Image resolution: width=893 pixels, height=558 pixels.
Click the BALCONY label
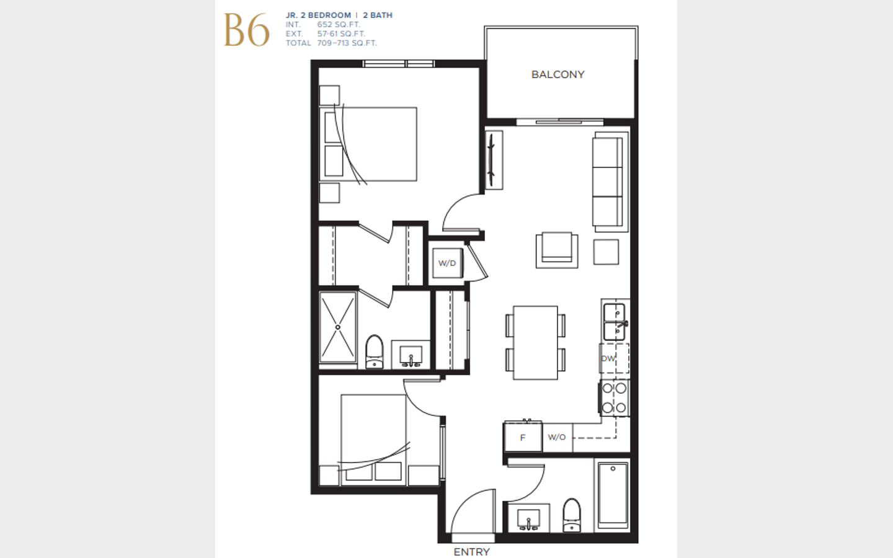click(558, 74)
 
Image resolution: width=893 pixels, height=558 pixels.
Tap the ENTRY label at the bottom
click(471, 552)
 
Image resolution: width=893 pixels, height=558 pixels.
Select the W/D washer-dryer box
click(447, 263)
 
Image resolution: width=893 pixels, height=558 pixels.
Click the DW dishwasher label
click(608, 358)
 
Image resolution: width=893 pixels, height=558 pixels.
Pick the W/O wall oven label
click(556, 437)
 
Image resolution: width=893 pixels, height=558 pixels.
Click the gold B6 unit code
click(246, 30)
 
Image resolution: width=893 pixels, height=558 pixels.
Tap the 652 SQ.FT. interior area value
click(339, 25)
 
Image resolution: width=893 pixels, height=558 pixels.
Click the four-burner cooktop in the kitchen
click(615, 398)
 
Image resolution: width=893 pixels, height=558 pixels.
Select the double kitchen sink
click(614, 322)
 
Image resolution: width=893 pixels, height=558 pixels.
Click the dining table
click(535, 343)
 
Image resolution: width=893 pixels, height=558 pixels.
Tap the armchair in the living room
click(557, 250)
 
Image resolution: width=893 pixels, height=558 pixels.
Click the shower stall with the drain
click(338, 327)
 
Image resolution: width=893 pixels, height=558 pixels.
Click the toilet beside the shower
click(375, 352)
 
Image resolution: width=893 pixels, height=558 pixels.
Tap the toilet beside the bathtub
click(572, 515)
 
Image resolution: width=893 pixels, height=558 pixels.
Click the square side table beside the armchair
click(606, 252)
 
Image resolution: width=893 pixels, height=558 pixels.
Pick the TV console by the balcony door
click(494, 160)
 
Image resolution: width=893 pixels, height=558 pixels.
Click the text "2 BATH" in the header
click(378, 15)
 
